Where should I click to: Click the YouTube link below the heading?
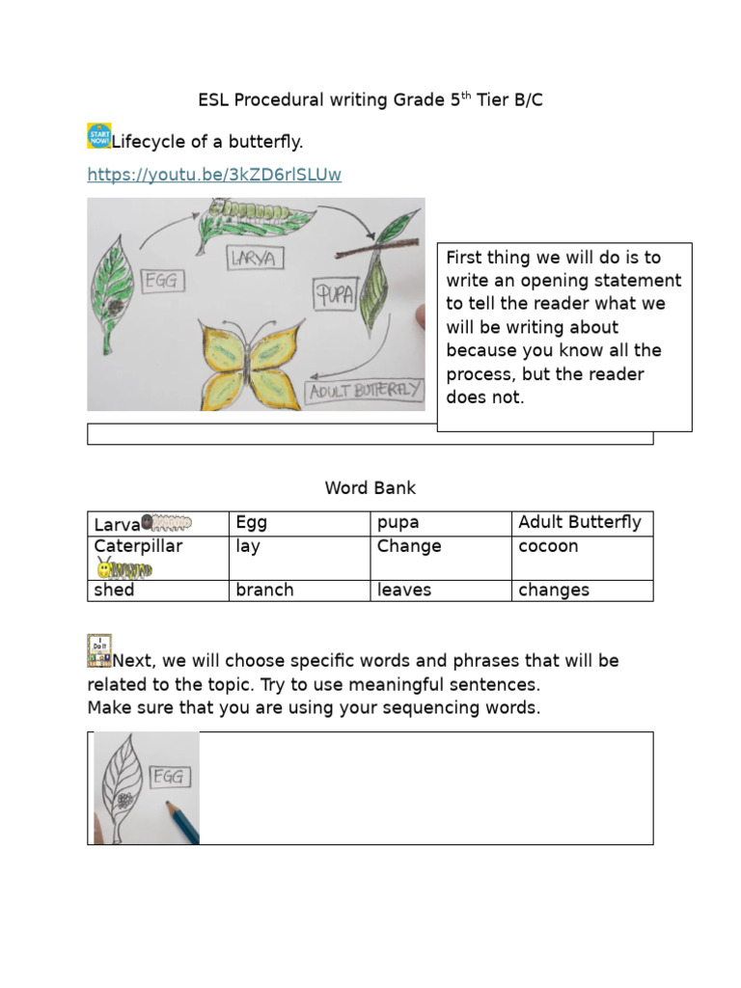214,175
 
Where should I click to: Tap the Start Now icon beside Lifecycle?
98,136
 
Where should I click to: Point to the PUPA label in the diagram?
335,291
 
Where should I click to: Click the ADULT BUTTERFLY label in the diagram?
364,390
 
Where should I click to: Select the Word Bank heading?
370,488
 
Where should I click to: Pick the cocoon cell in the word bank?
548,546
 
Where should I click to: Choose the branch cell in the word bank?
264,590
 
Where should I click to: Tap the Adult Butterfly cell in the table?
579,523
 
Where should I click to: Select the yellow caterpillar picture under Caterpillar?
124,568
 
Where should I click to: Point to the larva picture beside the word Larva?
167,523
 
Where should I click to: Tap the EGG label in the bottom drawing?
172,778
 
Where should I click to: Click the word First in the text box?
466,258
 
